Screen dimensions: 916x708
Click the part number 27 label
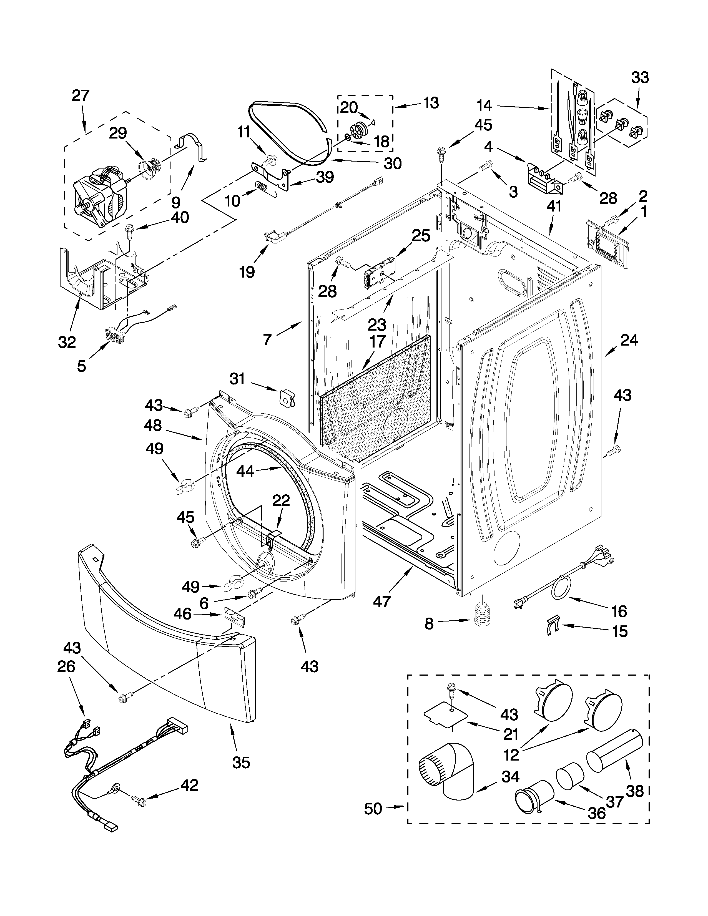[x=81, y=96]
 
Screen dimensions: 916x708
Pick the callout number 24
[x=629, y=340]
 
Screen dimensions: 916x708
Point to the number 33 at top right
[x=640, y=78]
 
